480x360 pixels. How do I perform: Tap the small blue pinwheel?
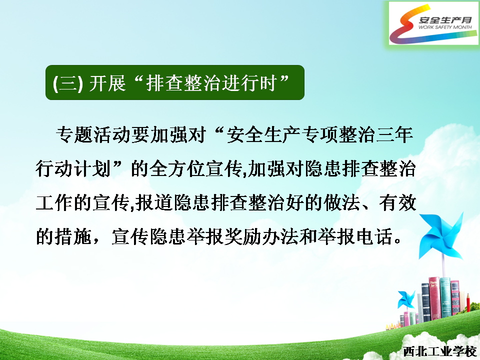tap(406, 299)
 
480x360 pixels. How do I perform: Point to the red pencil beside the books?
tap(468, 302)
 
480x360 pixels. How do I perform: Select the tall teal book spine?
tap(445, 297)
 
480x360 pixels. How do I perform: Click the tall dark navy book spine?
tap(426, 302)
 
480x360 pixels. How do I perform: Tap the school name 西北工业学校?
tap(440, 351)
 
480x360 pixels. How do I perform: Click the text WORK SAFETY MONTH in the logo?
tap(445, 27)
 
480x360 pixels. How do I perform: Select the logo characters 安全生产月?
tap(445, 20)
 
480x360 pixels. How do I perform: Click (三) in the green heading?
tap(67, 83)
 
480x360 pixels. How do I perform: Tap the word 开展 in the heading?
tap(107, 83)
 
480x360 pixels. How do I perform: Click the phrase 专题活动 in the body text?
tap(93, 134)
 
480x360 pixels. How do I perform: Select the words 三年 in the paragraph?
tap(394, 134)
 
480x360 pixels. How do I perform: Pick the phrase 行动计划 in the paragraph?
tap(73, 168)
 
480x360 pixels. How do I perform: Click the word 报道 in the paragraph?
tap(154, 202)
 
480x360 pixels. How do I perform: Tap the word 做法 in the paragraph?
tap(341, 202)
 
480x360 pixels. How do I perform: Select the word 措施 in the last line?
tap(73, 236)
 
